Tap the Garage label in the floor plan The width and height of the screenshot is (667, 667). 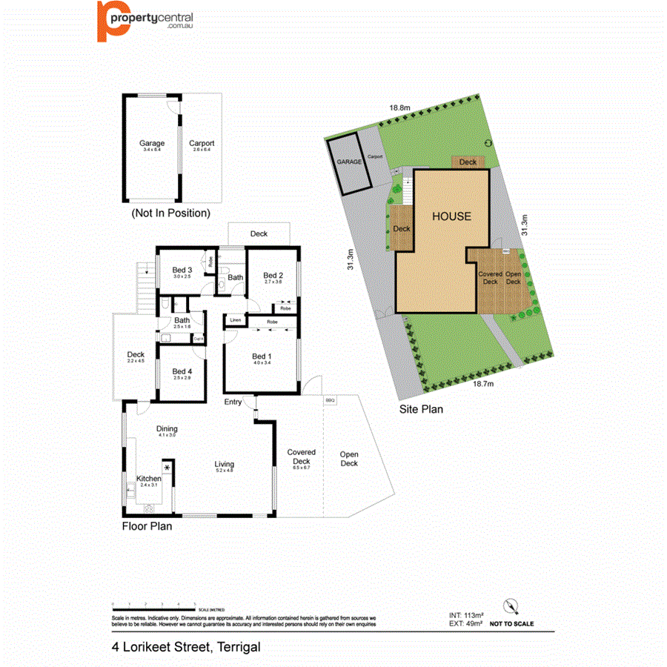click(152, 144)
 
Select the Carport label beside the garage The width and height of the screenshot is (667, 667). click(202, 144)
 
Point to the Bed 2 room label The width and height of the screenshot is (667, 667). click(273, 274)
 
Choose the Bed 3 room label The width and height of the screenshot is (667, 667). click(182, 270)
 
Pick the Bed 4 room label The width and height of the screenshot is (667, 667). click(182, 371)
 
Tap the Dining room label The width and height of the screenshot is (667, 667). click(167, 429)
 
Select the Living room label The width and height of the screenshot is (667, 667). click(225, 464)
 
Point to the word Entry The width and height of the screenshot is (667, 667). click(233, 402)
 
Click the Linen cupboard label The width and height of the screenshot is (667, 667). click(236, 320)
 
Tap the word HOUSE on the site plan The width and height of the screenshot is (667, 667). click(451, 216)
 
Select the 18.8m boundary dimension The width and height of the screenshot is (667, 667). click(400, 107)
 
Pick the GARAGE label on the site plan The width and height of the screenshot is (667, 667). click(349, 161)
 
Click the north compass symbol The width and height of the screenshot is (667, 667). click(510, 605)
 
